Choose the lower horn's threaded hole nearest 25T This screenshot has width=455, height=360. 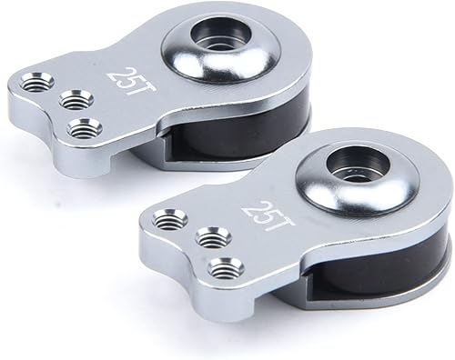(x=211, y=239)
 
